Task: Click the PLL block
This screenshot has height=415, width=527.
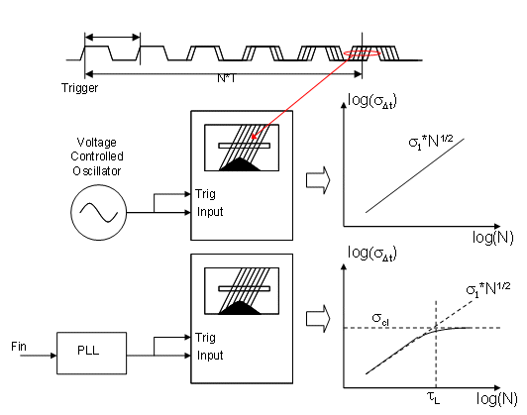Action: [x=92, y=354]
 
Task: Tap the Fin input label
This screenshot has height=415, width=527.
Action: [x=19, y=346]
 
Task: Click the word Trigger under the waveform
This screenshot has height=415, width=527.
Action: [x=79, y=88]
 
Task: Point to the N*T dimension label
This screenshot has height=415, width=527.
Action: [x=227, y=78]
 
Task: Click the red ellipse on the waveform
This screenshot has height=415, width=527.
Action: [x=362, y=51]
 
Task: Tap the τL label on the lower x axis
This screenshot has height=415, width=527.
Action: [x=434, y=398]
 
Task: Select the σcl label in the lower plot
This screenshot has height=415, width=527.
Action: [x=380, y=319]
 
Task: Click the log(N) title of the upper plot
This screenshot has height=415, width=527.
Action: [x=493, y=238]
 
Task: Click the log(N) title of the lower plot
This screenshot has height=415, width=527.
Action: [x=496, y=399]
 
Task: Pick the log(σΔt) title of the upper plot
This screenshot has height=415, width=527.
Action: [x=372, y=101]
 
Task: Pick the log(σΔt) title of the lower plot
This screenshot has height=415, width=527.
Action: [x=372, y=253]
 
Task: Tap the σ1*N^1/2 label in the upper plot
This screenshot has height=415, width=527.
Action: [x=431, y=142]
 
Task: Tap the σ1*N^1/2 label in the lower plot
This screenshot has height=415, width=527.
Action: [x=488, y=289]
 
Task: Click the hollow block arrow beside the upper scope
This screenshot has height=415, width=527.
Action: [x=318, y=180]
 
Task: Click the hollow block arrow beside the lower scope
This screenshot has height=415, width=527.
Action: [x=318, y=319]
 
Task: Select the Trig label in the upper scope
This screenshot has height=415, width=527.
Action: [x=205, y=194]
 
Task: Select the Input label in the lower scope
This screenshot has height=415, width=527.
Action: [x=210, y=356]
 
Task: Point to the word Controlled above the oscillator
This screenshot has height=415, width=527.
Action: [x=97, y=156]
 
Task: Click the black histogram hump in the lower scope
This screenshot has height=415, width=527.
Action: [x=240, y=308]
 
